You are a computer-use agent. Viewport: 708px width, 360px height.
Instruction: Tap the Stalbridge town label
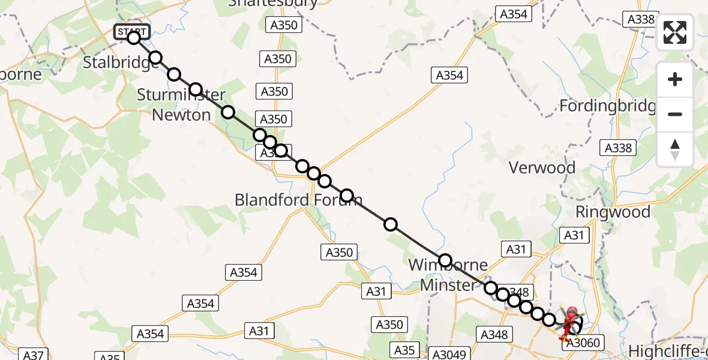point(120,62)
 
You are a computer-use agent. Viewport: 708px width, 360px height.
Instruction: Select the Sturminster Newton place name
point(181,104)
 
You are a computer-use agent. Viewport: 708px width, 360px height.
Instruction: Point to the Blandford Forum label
point(298,200)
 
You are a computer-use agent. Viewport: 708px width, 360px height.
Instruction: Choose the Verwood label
point(542,167)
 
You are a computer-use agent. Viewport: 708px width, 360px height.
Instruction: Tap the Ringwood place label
point(613,212)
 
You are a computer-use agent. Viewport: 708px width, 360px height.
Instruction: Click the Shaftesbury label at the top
point(273,3)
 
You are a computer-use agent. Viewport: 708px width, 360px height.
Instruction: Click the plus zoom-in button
point(675,80)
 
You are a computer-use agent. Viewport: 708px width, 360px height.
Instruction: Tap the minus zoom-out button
point(675,114)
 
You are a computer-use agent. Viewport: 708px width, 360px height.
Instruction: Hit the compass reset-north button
point(675,149)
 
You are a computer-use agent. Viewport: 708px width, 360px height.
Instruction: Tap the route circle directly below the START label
point(134,38)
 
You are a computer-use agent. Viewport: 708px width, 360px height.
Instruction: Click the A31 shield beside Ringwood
point(574,236)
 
